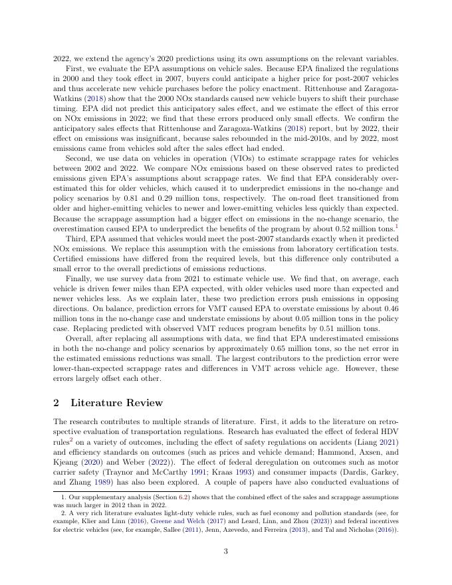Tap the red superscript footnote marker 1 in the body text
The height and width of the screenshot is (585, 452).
click(x=397, y=226)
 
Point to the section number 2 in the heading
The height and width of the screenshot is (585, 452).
click(x=56, y=402)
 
